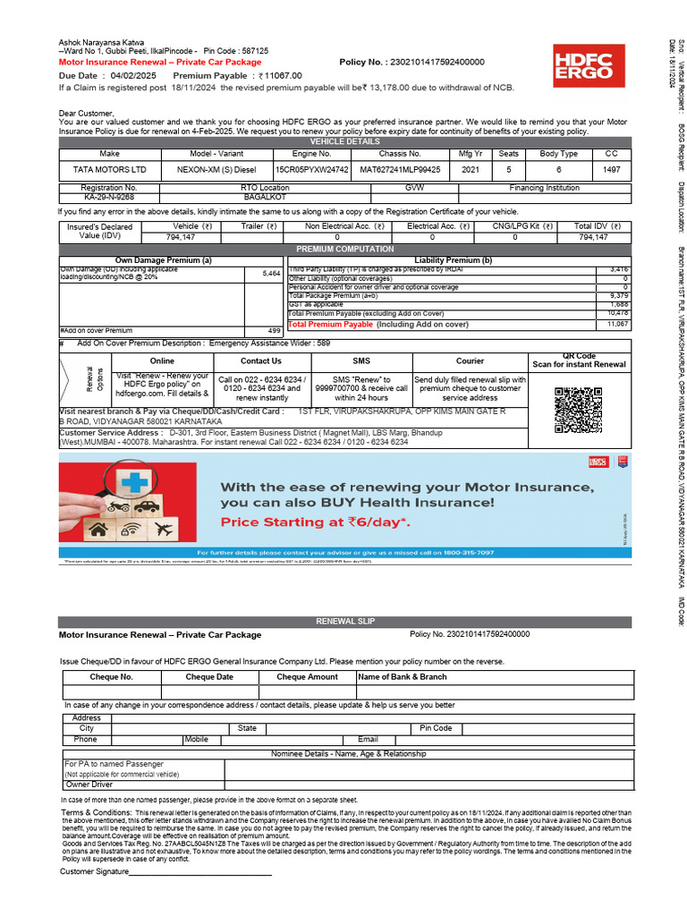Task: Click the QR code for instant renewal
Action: click(x=578, y=410)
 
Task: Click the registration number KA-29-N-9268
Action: click(x=108, y=196)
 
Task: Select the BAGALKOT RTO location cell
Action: click(x=266, y=196)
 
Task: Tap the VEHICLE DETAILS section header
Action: click(x=344, y=141)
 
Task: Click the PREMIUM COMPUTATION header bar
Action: click(x=344, y=249)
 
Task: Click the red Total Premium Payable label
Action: click(x=330, y=325)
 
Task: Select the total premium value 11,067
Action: click(x=618, y=325)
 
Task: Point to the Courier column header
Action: click(x=470, y=360)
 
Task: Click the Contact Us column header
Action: click(x=261, y=360)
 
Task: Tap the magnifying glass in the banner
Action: click(x=122, y=489)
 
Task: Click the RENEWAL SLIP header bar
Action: click(x=344, y=621)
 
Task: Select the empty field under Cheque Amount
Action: click(x=307, y=691)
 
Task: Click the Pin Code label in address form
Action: click(x=436, y=728)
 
